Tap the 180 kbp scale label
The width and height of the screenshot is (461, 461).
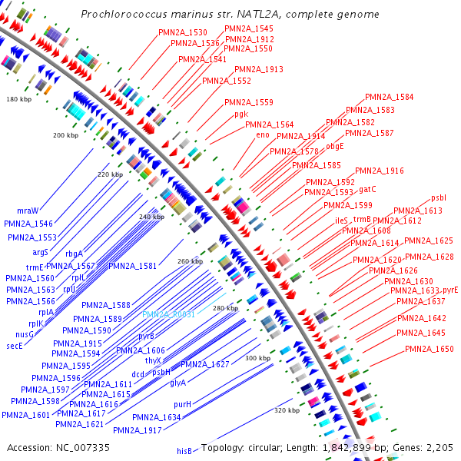pos(18,100)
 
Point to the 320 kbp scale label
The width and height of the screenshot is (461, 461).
pos(286,410)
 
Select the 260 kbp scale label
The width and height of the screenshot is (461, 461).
pos(190,261)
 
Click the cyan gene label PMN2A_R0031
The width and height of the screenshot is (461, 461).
pos(168,314)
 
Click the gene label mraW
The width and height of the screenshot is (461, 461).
pos(28,210)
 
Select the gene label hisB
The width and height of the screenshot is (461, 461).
pos(184,451)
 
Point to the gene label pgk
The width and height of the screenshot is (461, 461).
pos(241,114)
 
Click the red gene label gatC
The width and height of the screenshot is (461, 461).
pos(367,188)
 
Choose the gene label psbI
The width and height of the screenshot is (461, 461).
pos(438,197)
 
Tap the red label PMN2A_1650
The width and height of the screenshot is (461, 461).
pos(429,349)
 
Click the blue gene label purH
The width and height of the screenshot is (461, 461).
pos(182,403)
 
